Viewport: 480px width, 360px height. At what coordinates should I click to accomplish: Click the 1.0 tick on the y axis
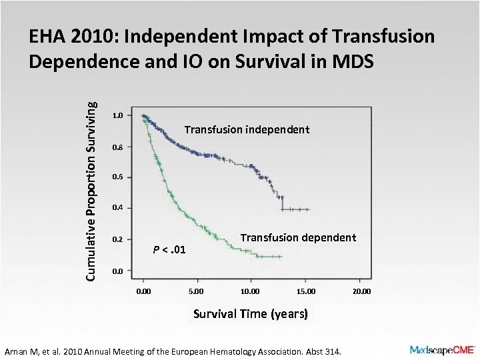click(x=117, y=116)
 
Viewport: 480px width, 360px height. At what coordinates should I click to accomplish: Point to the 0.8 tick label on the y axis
click(x=117, y=147)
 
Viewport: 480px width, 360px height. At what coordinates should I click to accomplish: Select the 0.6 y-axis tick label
click(x=117, y=177)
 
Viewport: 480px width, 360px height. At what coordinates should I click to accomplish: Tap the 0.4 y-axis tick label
click(x=117, y=209)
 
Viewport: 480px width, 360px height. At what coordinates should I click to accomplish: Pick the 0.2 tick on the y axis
click(x=117, y=239)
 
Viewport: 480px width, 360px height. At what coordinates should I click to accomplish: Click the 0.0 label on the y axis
click(x=117, y=271)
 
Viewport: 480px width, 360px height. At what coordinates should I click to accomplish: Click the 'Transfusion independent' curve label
click(x=247, y=129)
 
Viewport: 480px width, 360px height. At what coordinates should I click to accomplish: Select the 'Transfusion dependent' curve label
click(x=298, y=237)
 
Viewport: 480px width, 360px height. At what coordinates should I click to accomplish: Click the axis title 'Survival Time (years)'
click(x=250, y=313)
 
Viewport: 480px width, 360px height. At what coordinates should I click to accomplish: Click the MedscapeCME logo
click(x=442, y=349)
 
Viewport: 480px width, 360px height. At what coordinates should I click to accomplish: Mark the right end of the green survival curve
click(x=282, y=257)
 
